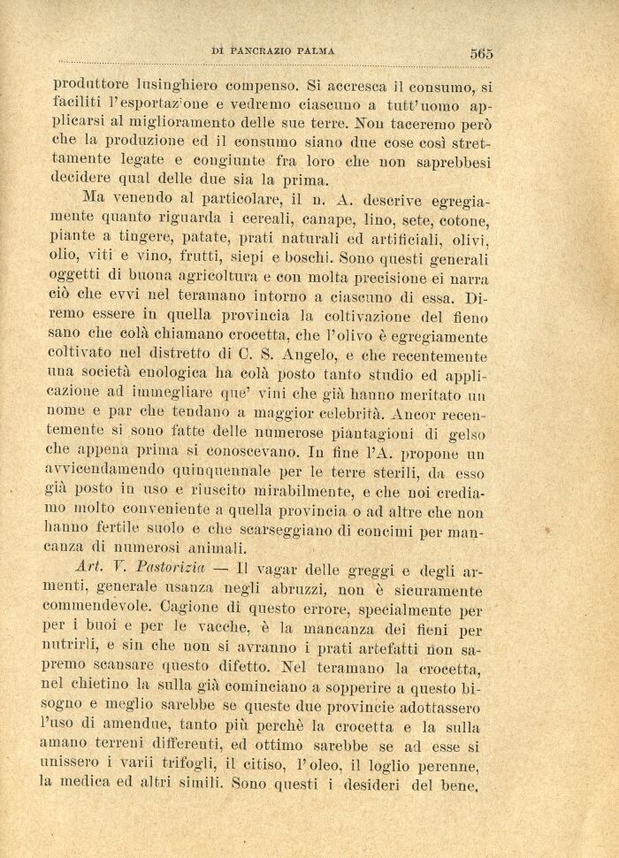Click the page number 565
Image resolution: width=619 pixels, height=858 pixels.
[481, 53]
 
